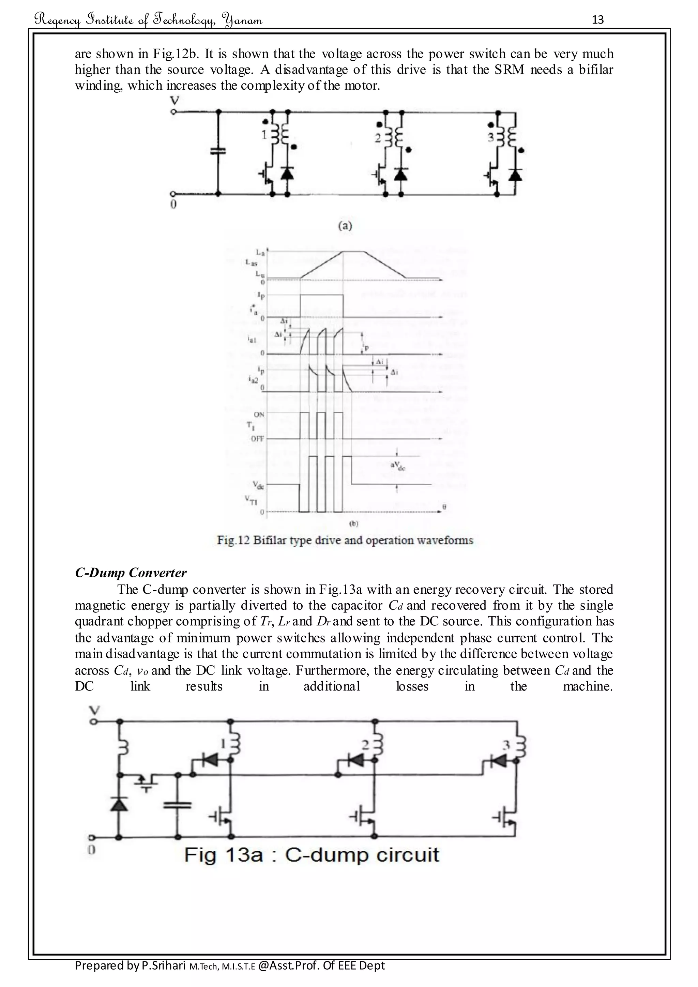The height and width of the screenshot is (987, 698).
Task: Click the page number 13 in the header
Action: [x=597, y=20]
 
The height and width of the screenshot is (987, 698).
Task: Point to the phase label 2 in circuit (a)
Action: [x=377, y=138]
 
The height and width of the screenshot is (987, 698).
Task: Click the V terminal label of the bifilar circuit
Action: [x=174, y=101]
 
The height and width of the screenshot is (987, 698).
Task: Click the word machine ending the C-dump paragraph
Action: [x=587, y=686]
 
